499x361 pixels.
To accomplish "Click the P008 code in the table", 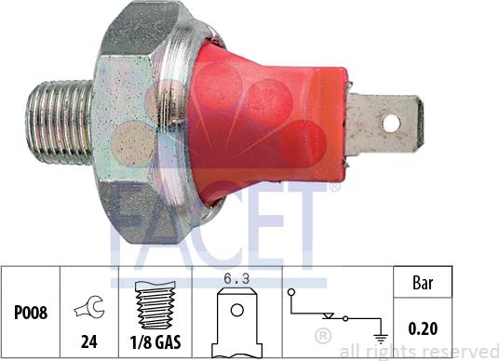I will coord(29,314).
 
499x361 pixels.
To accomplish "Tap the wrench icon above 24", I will coord(89,301).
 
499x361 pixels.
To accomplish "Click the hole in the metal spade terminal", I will coord(394,122).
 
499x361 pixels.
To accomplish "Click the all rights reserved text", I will coord(419,352).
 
